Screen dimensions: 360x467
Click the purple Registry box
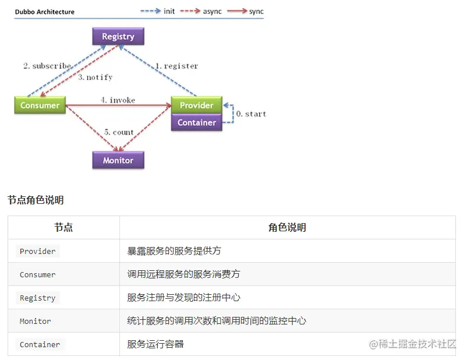point(118,37)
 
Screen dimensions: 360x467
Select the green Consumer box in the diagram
point(40,105)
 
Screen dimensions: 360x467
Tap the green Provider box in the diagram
point(196,105)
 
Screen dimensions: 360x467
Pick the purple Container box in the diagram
point(196,122)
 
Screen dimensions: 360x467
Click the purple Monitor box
point(118,160)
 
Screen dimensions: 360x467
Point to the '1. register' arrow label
point(176,66)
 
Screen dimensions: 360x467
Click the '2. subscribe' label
point(47,66)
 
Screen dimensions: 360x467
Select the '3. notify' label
point(95,77)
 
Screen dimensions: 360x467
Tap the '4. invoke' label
point(118,100)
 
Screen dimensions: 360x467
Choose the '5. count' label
point(119,132)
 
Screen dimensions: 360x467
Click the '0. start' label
point(251,114)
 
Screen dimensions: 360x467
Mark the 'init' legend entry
point(169,12)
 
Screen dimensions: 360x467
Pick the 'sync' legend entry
point(256,12)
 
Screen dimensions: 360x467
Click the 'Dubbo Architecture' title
point(45,12)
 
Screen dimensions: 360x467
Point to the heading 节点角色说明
point(36,200)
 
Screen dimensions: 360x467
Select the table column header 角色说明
point(287,228)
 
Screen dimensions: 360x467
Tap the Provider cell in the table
point(38,251)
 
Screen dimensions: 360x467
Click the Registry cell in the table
point(38,298)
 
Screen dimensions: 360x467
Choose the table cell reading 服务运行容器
point(155,344)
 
